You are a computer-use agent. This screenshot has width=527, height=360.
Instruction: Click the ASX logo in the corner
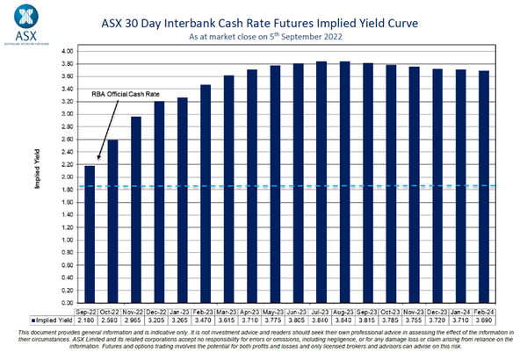click(27, 23)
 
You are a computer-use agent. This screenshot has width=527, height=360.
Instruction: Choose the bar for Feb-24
click(483, 185)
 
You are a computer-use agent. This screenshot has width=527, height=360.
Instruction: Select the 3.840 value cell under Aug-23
click(344, 320)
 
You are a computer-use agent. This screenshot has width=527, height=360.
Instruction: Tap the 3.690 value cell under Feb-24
click(483, 320)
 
